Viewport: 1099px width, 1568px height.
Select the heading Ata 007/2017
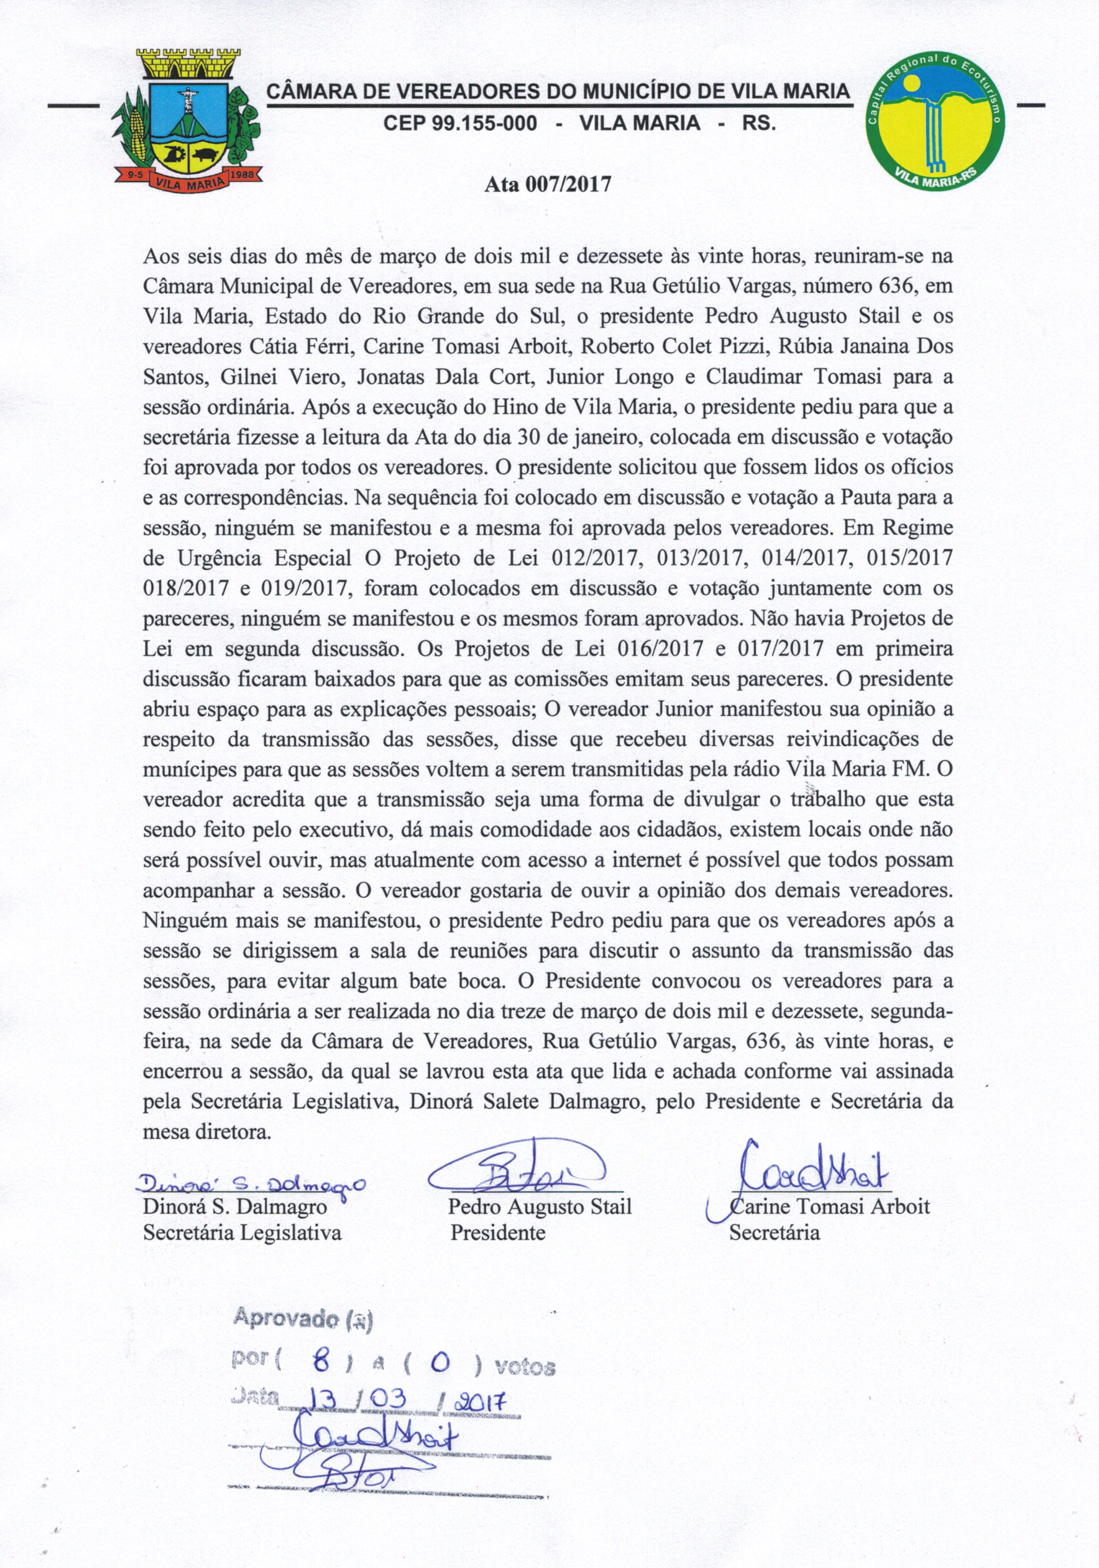click(547, 184)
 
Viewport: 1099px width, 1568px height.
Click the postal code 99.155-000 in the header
click(460, 124)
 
